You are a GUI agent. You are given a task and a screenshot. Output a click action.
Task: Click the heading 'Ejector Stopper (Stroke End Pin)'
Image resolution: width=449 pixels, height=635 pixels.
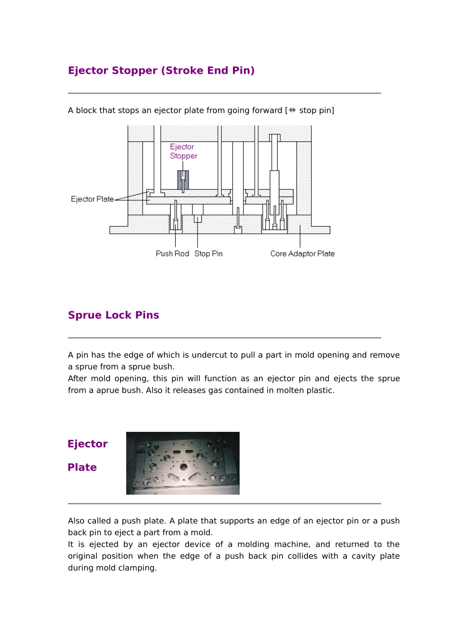pyautogui.click(x=161, y=71)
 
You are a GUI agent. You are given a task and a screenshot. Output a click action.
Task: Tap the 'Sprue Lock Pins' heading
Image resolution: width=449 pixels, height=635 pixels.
pyautogui.click(x=113, y=315)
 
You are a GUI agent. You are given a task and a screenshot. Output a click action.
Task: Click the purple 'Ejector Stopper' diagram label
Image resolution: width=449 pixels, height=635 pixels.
pyautogui.click(x=183, y=151)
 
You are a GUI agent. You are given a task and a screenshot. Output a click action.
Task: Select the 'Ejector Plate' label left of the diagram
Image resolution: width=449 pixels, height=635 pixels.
pyautogui.click(x=92, y=199)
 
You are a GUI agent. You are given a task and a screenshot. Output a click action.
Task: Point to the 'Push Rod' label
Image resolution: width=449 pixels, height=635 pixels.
pyautogui.click(x=172, y=254)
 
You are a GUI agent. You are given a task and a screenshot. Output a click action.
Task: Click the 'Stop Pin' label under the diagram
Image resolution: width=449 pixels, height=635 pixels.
pyautogui.click(x=208, y=254)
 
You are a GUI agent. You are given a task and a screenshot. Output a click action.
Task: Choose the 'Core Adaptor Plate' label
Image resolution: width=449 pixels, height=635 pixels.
pyautogui.click(x=302, y=254)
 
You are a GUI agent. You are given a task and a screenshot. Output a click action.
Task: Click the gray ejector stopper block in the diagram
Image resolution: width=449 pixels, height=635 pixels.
pyautogui.click(x=183, y=180)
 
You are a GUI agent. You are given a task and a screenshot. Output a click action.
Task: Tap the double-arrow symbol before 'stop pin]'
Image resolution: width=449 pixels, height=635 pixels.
pyautogui.click(x=293, y=110)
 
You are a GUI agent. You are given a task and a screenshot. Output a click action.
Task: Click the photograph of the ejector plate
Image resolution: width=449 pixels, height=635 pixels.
pyautogui.click(x=182, y=463)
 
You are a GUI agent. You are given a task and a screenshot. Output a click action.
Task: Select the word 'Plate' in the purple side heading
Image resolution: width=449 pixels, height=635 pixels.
pyautogui.click(x=82, y=467)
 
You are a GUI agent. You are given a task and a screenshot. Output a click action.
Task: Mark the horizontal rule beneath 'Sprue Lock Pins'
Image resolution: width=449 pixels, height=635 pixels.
pyautogui.click(x=224, y=338)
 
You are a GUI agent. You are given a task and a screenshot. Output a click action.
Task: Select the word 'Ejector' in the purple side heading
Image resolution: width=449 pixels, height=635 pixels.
pyautogui.click(x=87, y=444)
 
